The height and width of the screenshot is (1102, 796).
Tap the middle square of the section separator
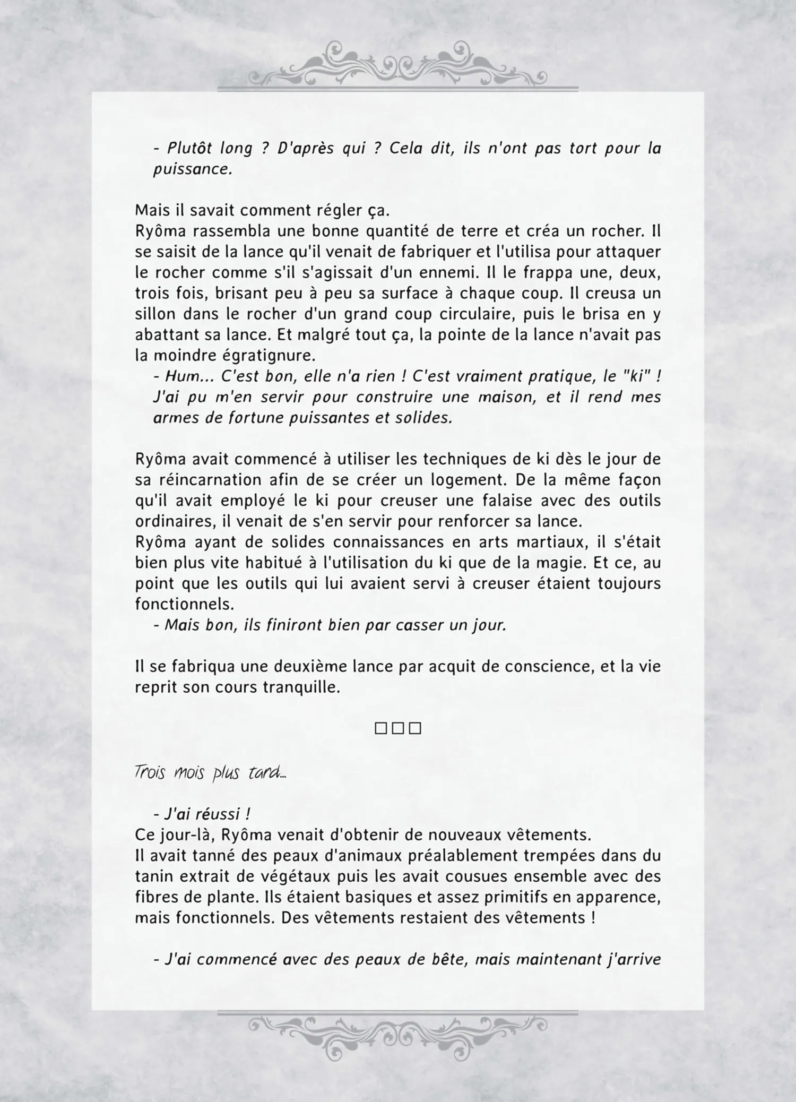(x=398, y=728)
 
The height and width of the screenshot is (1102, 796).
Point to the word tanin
(x=154, y=876)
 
